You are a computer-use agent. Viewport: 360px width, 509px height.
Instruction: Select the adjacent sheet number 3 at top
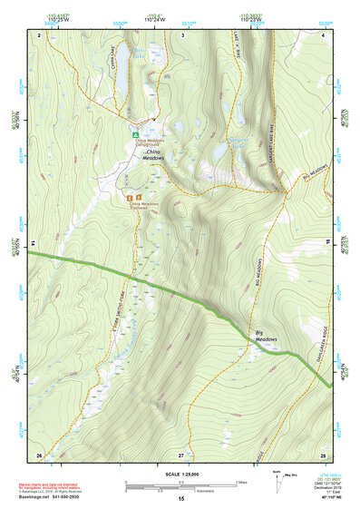click(x=183, y=34)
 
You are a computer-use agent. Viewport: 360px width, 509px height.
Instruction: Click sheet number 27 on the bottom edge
click(x=180, y=454)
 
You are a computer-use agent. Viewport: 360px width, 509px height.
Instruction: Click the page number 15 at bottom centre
click(x=180, y=498)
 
